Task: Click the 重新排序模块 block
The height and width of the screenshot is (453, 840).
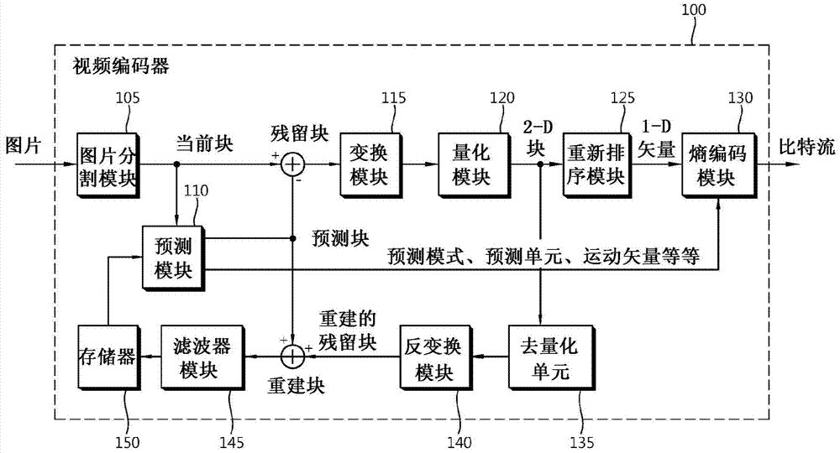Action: click(594, 164)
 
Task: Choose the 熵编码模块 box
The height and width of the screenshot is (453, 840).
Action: click(714, 164)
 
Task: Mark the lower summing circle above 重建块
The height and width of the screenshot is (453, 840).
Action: click(291, 356)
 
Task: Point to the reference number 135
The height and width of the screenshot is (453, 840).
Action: click(582, 437)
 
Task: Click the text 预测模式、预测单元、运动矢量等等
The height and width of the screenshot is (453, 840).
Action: click(543, 255)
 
